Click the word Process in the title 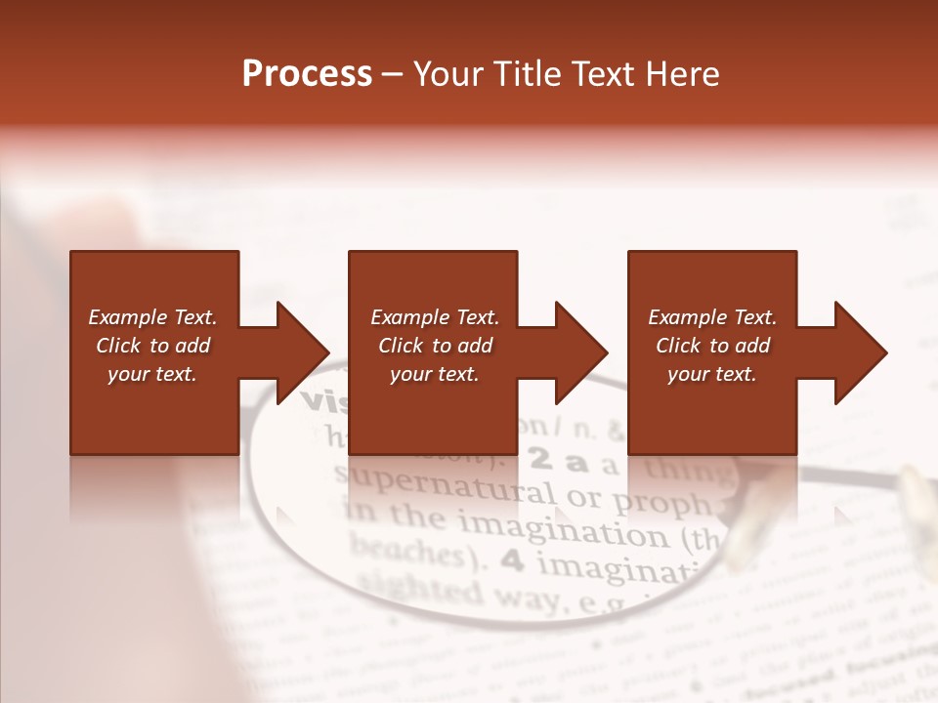(307, 74)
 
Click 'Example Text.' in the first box (152, 317)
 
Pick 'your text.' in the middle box (434, 374)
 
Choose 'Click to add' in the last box (712, 346)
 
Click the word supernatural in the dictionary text (445, 483)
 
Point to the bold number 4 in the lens (510, 561)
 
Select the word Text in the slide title (604, 74)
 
